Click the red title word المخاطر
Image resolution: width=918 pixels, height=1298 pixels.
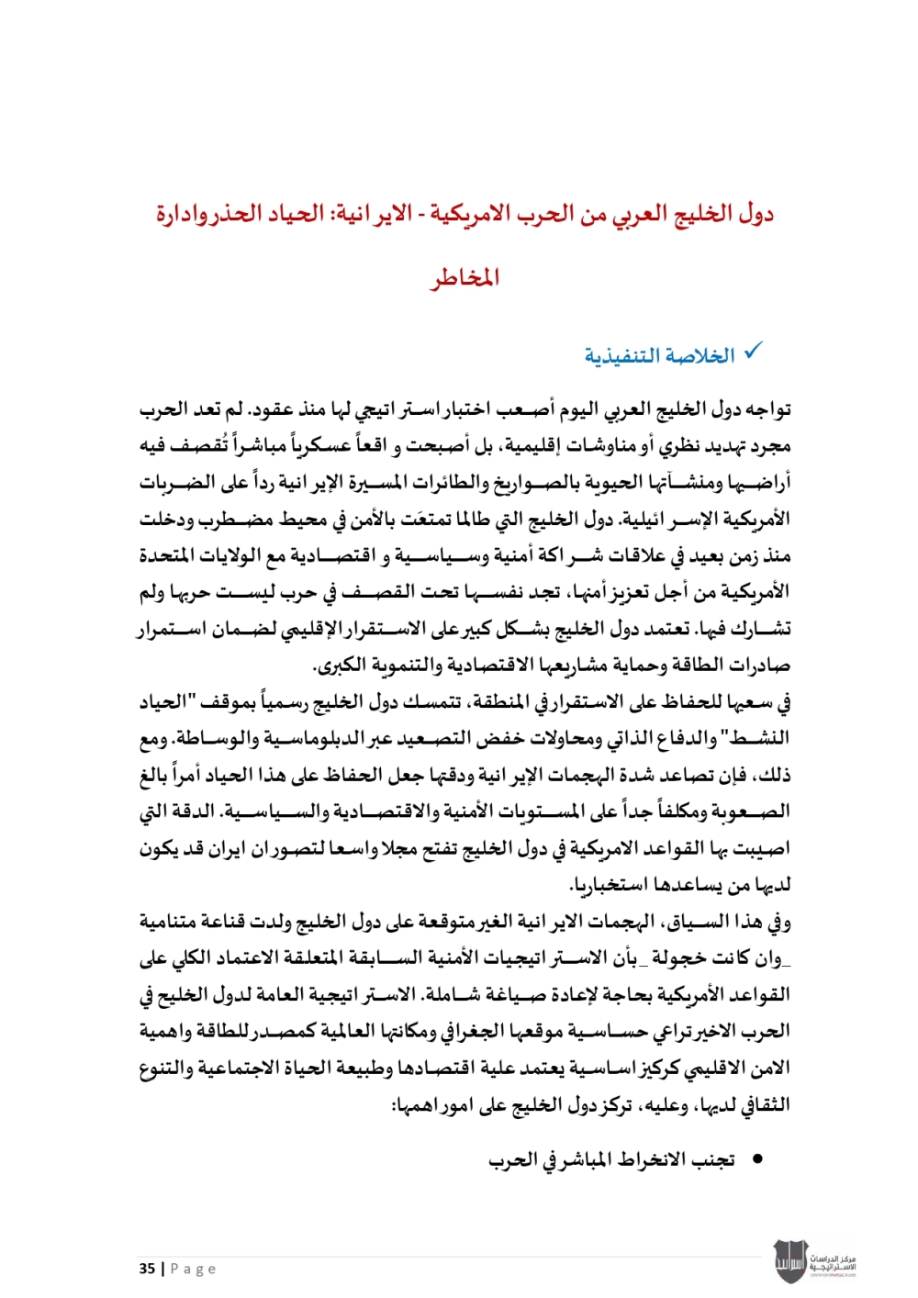click(465, 276)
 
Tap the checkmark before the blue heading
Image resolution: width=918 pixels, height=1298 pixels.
click(753, 351)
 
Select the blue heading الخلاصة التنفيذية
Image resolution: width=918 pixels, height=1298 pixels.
click(660, 355)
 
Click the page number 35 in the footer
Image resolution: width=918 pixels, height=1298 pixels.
click(147, 1269)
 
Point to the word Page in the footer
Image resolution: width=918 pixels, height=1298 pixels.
click(194, 1269)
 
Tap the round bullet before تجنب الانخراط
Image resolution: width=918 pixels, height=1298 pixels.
click(757, 1160)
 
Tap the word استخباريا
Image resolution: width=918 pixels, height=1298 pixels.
click(610, 885)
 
